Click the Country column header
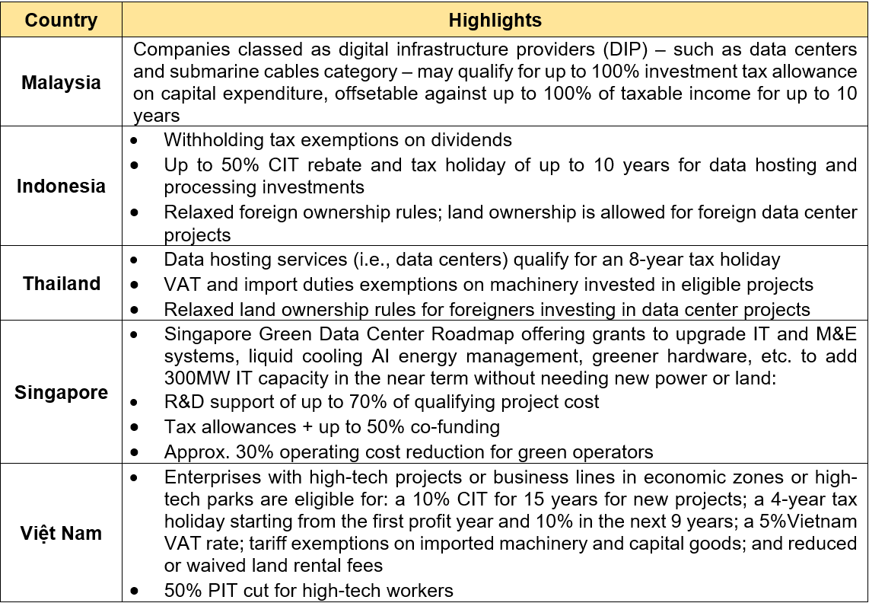pyautogui.click(x=61, y=20)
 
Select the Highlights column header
pyautogui.click(x=495, y=20)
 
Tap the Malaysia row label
pyautogui.click(x=61, y=82)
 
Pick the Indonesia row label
pyautogui.click(x=61, y=186)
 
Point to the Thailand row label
pyautogui.click(x=61, y=284)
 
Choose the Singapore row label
pyautogui.click(x=61, y=393)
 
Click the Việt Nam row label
pyautogui.click(x=61, y=533)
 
